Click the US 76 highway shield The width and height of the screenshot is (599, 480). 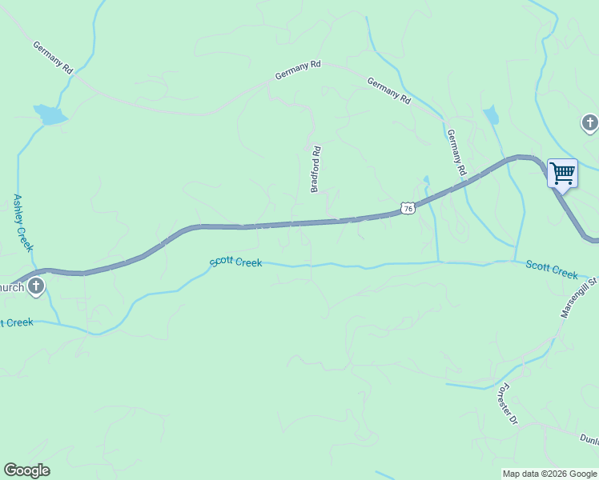coord(408,208)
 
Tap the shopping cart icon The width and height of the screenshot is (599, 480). coord(562,173)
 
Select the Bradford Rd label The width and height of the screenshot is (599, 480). coord(316,169)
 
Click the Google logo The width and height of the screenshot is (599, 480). coord(26,470)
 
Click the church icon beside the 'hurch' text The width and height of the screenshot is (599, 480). coord(35,286)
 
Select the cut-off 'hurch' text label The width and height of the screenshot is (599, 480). coord(11,287)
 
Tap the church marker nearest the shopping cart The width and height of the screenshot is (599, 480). coord(589,123)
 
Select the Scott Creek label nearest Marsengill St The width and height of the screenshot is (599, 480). coord(552,270)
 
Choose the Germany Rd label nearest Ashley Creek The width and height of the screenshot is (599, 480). coord(54,58)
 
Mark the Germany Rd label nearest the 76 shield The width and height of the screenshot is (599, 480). coord(456,152)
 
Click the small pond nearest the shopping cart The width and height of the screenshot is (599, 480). coord(491,116)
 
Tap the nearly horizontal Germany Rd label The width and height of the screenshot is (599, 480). coord(298,70)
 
